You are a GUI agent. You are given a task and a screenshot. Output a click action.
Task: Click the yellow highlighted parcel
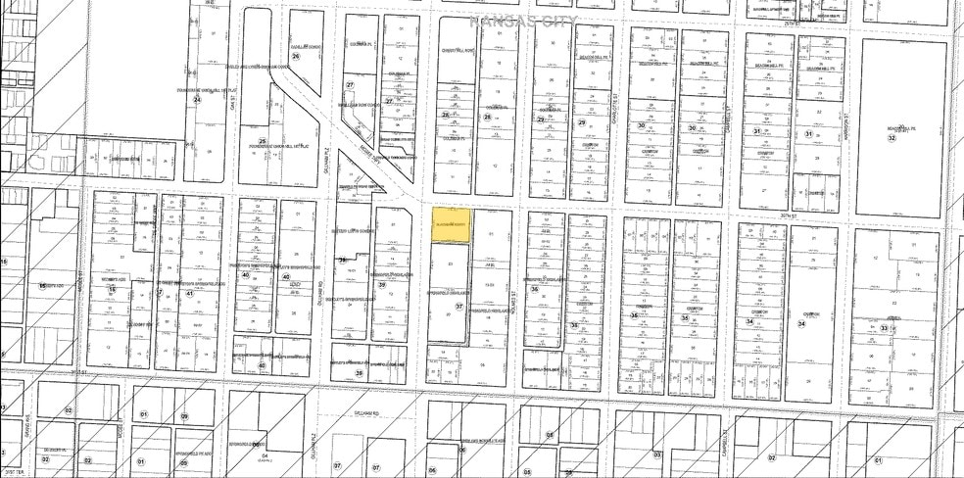tap(451, 224)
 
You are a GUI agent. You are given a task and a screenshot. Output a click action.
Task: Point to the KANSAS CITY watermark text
tap(524, 20)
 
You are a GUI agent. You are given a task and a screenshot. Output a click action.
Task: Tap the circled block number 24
tap(197, 100)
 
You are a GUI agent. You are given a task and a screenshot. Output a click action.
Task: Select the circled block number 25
tap(262, 141)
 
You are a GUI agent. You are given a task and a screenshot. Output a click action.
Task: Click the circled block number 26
tap(295, 56)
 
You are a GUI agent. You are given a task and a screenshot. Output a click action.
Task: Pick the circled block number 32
tap(892, 138)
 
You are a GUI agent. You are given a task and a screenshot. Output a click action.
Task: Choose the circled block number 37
tap(459, 307)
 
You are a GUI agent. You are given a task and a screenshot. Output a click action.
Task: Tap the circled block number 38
tap(342, 261)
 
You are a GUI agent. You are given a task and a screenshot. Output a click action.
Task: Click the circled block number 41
tap(189, 293)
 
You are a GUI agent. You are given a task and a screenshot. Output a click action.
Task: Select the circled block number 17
tap(160, 293)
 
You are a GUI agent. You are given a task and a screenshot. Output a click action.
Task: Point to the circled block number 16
tap(112, 290)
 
